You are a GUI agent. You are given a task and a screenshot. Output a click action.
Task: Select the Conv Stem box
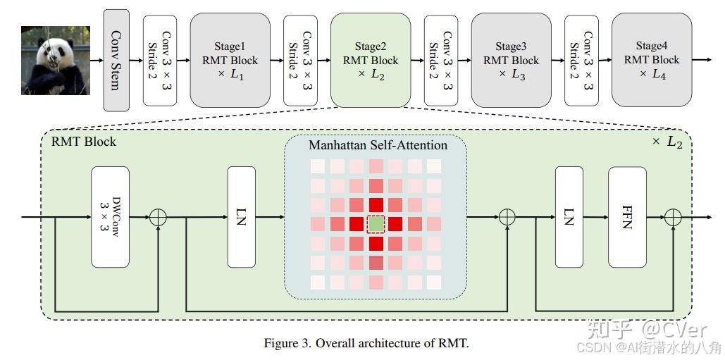coord(117,60)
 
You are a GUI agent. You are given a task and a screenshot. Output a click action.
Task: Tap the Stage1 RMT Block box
coord(230,60)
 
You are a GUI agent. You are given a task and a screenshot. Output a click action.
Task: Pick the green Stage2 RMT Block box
coord(371,60)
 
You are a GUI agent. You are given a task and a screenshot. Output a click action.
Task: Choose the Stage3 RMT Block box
coord(511,60)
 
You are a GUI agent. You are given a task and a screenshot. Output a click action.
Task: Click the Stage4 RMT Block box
coord(652,60)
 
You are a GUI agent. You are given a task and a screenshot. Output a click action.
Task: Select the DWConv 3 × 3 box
coord(111,217)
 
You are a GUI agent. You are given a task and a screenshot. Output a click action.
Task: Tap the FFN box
coord(627,217)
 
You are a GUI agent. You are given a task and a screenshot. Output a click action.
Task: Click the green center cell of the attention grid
coord(377,224)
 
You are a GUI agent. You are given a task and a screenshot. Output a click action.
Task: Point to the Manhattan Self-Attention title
coord(378,145)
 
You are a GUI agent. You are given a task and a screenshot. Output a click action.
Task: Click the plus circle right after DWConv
coord(159,217)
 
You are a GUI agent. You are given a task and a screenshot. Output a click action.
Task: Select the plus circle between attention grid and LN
coord(507,217)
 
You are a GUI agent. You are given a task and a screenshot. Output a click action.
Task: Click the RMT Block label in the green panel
coord(84,142)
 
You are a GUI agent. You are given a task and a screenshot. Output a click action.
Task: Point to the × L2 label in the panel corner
coord(666,142)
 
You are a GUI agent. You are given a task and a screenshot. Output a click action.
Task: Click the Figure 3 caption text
coord(366,344)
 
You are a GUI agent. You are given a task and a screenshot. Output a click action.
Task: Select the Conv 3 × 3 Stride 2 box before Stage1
coord(160,60)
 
